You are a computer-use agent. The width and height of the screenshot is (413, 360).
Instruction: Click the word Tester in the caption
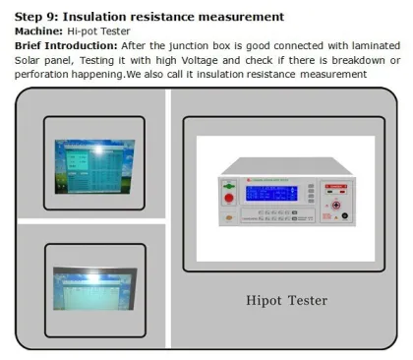tap(305, 299)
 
